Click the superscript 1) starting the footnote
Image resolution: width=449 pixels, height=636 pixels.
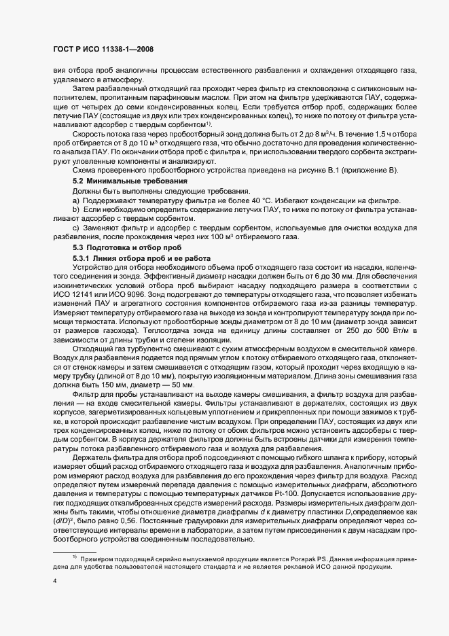point(73,556)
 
